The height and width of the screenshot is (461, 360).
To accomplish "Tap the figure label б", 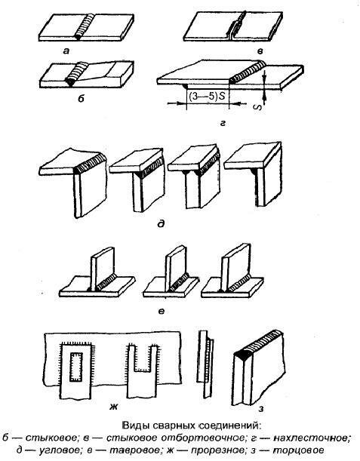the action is pyautogui.click(x=81, y=98).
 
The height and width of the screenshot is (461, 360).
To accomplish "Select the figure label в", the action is pyautogui.click(x=260, y=51).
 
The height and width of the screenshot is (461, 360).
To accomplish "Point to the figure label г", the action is pyautogui.click(x=223, y=124).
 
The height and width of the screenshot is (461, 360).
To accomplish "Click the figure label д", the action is pyautogui.click(x=161, y=224).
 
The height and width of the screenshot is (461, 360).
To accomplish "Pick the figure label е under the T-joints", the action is pyautogui.click(x=161, y=310).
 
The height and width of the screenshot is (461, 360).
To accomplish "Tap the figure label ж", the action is pyautogui.click(x=113, y=407).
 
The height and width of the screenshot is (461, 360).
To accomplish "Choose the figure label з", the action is pyautogui.click(x=261, y=408).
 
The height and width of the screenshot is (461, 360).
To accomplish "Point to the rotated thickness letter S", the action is pyautogui.click(x=257, y=107).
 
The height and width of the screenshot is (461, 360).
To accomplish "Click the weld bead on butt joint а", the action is pyautogui.click(x=86, y=26).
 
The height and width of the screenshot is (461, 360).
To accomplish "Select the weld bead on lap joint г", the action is pyautogui.click(x=248, y=72).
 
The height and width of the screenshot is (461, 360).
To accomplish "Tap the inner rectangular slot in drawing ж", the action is pyautogui.click(x=76, y=367).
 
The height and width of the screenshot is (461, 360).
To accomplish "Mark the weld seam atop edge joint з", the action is pyautogui.click(x=259, y=343).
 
